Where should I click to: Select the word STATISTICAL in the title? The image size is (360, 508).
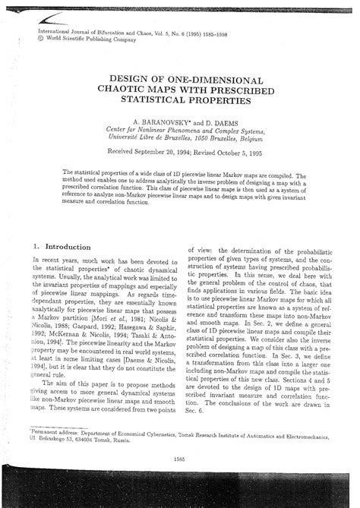(147, 100)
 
